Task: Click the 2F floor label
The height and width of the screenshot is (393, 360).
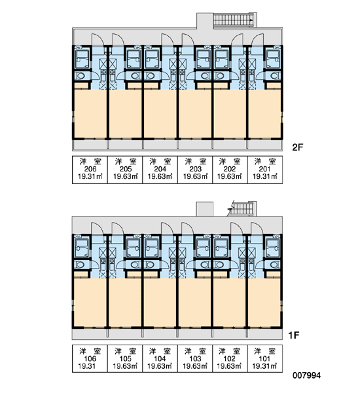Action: pyautogui.click(x=298, y=147)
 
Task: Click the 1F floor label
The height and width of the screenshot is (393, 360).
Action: pyautogui.click(x=294, y=335)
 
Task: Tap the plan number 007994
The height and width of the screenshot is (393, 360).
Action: pyautogui.click(x=306, y=375)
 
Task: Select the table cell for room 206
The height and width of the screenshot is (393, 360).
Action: pyautogui.click(x=90, y=170)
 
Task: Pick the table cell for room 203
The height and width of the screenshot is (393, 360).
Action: pyautogui.click(x=195, y=170)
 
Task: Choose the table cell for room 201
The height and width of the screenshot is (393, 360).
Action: pyautogui.click(x=265, y=170)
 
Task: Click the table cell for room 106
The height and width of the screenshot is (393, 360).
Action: pyautogui.click(x=90, y=358)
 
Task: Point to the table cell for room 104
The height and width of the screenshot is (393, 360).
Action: pyautogui.click(x=160, y=358)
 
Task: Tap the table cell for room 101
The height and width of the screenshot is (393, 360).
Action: pyautogui.click(x=265, y=358)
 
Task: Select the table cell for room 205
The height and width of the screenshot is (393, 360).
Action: pyautogui.click(x=125, y=170)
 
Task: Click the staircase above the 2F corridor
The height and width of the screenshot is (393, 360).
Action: pyautogui.click(x=234, y=20)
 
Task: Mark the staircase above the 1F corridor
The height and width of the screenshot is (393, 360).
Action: pyautogui.click(x=242, y=209)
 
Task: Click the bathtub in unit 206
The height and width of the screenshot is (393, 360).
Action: pyautogui.click(x=82, y=59)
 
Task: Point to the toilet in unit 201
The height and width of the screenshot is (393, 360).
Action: pyautogui.click(x=274, y=76)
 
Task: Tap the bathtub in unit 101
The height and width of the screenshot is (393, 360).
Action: pyautogui.click(x=273, y=248)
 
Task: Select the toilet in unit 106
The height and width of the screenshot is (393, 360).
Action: pyautogui.click(x=81, y=265)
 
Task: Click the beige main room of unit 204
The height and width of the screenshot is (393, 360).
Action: pyautogui.click(x=160, y=113)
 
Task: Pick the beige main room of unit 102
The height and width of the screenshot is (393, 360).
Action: pyautogui.click(x=230, y=302)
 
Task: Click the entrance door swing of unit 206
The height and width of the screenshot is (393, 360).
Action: pyautogui.click(x=98, y=39)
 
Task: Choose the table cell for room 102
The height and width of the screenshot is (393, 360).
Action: pyautogui.click(x=230, y=358)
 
